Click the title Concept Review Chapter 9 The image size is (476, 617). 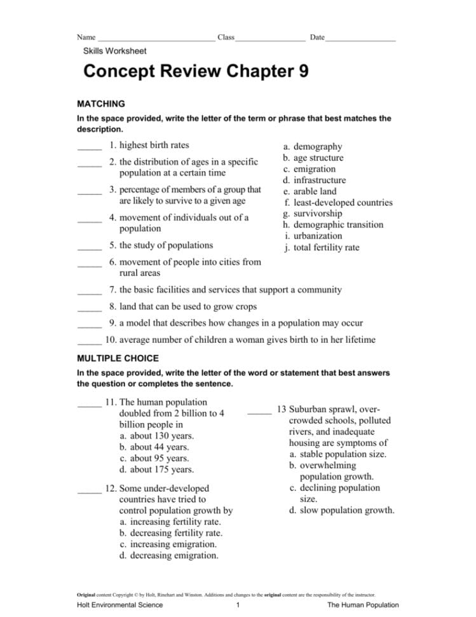196,71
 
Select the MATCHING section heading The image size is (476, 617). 100,104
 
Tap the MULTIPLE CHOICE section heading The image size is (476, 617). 118,358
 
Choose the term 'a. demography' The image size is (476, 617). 313,146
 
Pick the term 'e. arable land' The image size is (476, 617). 310,191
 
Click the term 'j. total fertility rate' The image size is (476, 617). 322,247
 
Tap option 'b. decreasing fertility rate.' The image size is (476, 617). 171,533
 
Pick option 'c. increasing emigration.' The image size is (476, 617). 168,544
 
